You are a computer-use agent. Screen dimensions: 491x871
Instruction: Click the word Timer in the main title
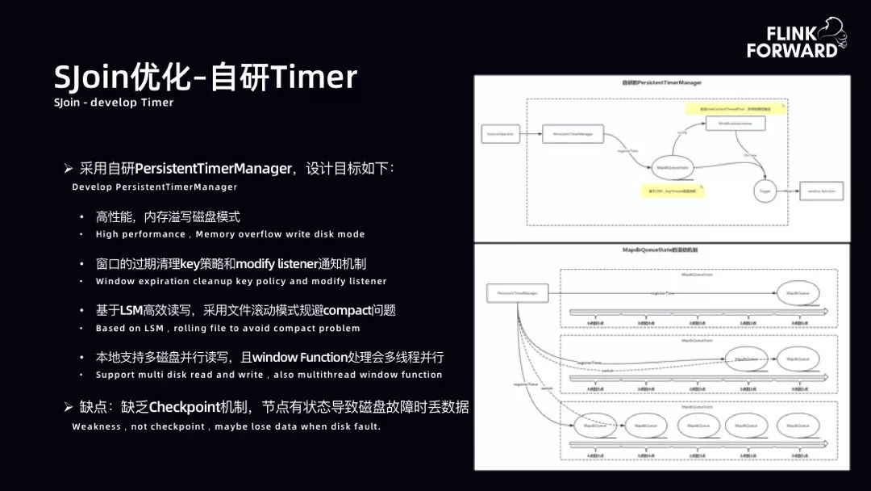click(313, 78)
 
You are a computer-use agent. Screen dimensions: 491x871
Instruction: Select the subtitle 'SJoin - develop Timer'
click(114, 103)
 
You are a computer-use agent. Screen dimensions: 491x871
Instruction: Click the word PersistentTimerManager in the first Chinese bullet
click(213, 169)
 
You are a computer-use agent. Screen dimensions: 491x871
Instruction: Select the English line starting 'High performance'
click(230, 234)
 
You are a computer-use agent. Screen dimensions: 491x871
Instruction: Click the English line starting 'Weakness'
click(226, 426)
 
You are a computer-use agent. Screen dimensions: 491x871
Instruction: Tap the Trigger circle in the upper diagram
click(765, 191)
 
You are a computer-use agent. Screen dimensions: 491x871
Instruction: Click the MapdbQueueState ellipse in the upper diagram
click(672, 168)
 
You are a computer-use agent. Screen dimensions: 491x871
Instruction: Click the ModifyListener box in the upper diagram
click(735, 124)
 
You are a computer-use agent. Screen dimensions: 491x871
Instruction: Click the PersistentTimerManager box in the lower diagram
click(517, 292)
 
